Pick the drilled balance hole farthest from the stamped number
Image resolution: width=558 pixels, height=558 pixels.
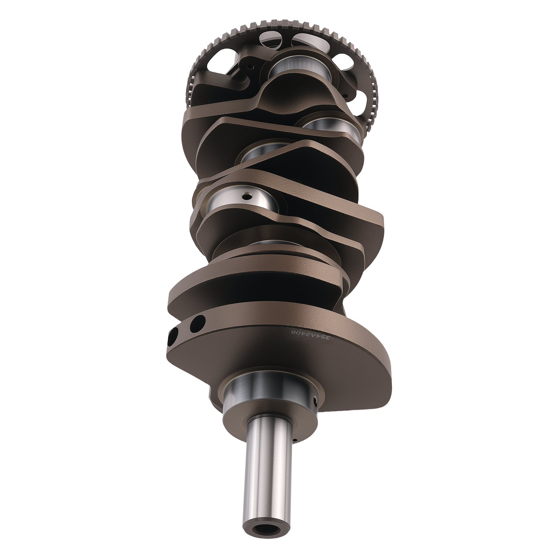(173, 336)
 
